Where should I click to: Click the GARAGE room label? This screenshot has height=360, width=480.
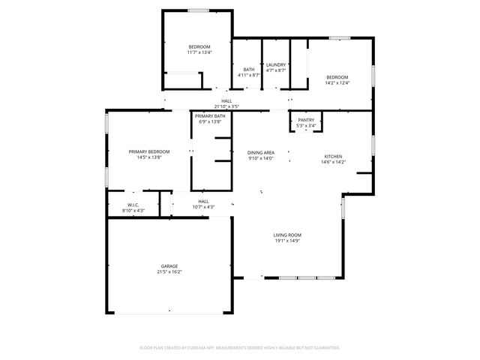[x=169, y=266]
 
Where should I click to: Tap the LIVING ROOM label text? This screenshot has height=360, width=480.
[x=287, y=235]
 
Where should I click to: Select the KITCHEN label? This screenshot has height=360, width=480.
[x=334, y=156]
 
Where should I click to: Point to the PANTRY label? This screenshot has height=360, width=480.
[x=306, y=120]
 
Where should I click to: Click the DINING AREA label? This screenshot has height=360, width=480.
[x=260, y=152]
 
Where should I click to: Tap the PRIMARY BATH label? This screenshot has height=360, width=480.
[x=210, y=116]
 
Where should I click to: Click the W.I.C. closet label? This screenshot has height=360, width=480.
[x=133, y=205]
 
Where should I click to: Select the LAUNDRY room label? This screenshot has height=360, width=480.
[x=276, y=65]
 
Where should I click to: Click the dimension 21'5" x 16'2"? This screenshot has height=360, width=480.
[x=169, y=272]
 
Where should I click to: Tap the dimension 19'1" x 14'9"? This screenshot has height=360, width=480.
[x=287, y=241]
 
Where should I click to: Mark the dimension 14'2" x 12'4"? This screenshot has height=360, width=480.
[x=337, y=82]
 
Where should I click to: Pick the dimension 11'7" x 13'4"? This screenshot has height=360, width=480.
[x=199, y=52]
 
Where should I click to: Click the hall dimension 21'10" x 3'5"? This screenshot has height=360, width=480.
[x=226, y=106]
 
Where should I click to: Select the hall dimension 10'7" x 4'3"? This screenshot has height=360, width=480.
[x=203, y=207]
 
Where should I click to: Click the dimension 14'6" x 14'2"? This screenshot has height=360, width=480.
[x=334, y=162]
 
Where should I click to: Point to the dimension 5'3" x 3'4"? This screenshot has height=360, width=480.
[x=306, y=125]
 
